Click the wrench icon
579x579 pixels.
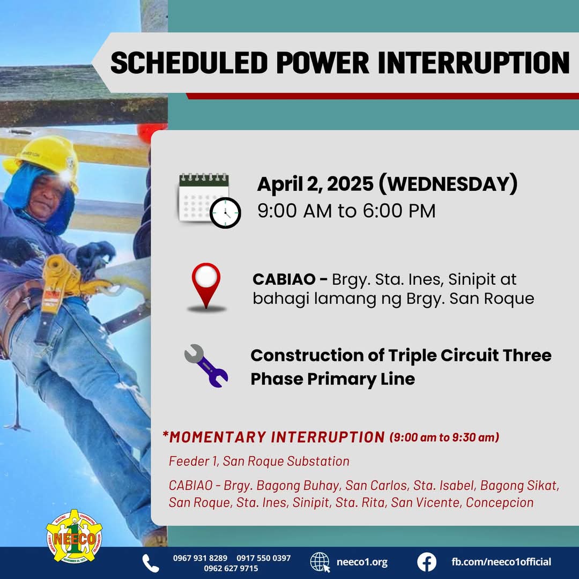pos(206,366)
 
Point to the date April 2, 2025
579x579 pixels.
pos(315,184)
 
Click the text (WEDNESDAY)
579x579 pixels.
pos(448,184)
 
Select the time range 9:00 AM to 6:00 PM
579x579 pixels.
pos(346,211)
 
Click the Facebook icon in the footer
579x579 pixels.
pos(427,562)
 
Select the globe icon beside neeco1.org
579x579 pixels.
pos(320,562)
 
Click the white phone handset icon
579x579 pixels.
pos(151,563)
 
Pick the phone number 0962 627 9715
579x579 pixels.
pos(231,568)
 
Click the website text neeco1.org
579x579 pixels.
pos(362,562)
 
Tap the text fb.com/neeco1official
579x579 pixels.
pos(501,562)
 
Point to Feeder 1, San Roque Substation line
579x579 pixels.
pos(259,461)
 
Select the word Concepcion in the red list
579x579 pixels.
pos(500,502)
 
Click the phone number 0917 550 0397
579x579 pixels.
pos(264,558)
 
